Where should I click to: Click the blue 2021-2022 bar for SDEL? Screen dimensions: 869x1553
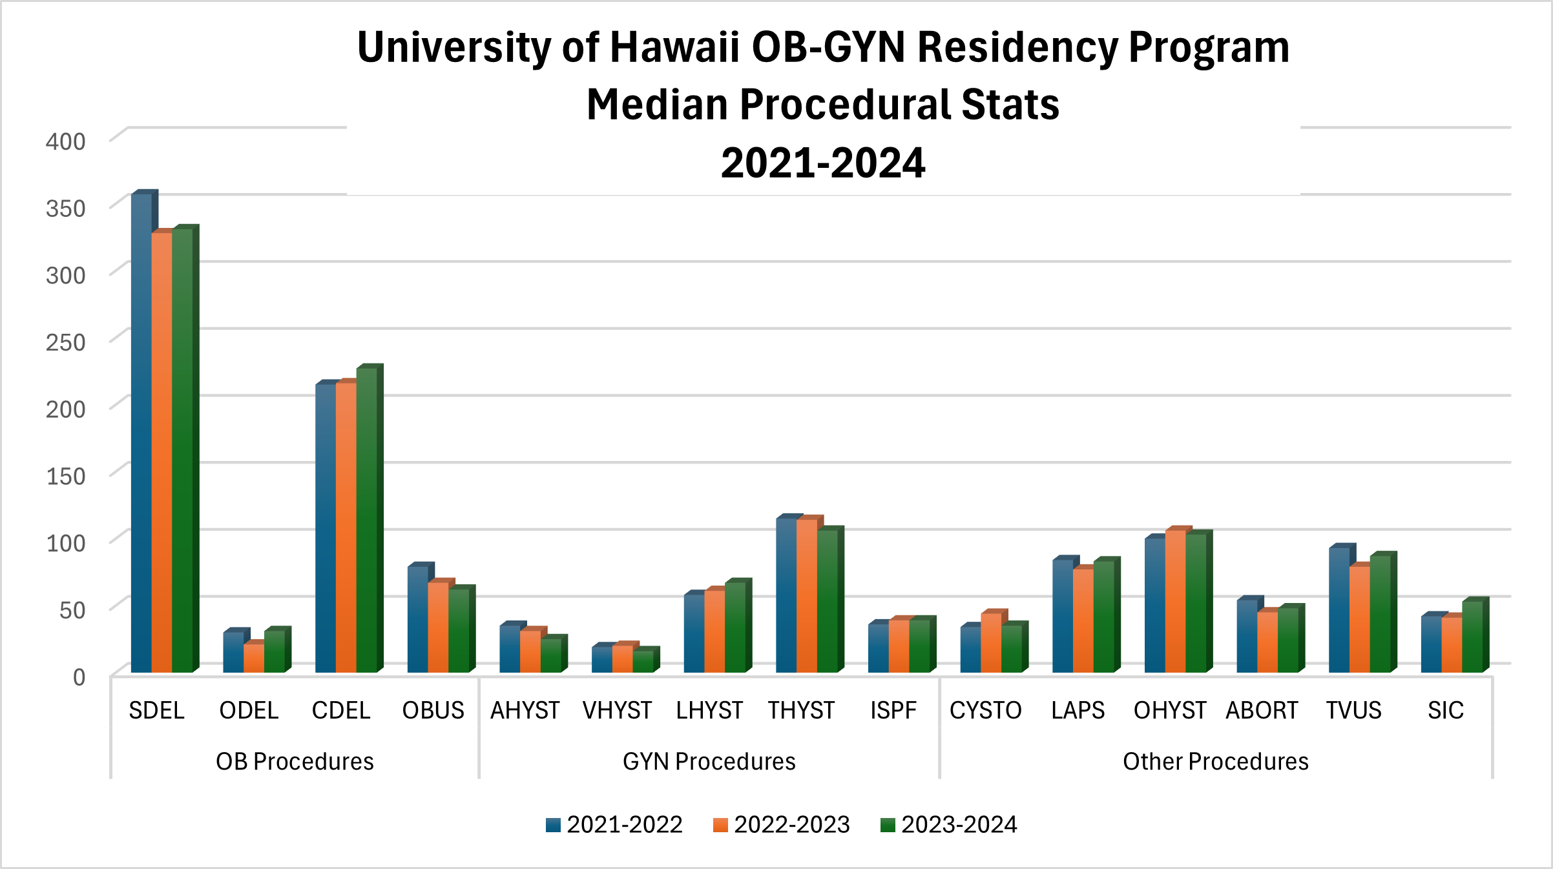point(141,433)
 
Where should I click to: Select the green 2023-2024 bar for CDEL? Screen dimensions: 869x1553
point(366,520)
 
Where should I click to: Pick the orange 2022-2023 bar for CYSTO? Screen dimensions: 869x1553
point(991,642)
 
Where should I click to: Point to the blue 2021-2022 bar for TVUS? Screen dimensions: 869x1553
point(1339,610)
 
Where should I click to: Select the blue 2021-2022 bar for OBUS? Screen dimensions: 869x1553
point(417,619)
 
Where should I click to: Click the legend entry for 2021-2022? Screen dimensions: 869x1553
point(614,824)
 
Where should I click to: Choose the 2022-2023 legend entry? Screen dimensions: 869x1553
point(781,824)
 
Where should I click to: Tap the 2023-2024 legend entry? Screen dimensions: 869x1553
point(948,824)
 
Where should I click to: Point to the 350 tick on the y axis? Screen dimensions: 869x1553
point(65,209)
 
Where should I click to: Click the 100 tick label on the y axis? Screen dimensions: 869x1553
point(65,543)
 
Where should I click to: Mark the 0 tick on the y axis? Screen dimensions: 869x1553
point(79,677)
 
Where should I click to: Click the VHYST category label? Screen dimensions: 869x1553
point(617,710)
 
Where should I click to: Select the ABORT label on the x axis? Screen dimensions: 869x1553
point(1262,710)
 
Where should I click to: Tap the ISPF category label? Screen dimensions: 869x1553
point(893,710)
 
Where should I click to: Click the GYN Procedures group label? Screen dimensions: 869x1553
point(709,761)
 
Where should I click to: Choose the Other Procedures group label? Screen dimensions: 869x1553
point(1215,761)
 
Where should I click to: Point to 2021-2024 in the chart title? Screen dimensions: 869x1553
point(823,163)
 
